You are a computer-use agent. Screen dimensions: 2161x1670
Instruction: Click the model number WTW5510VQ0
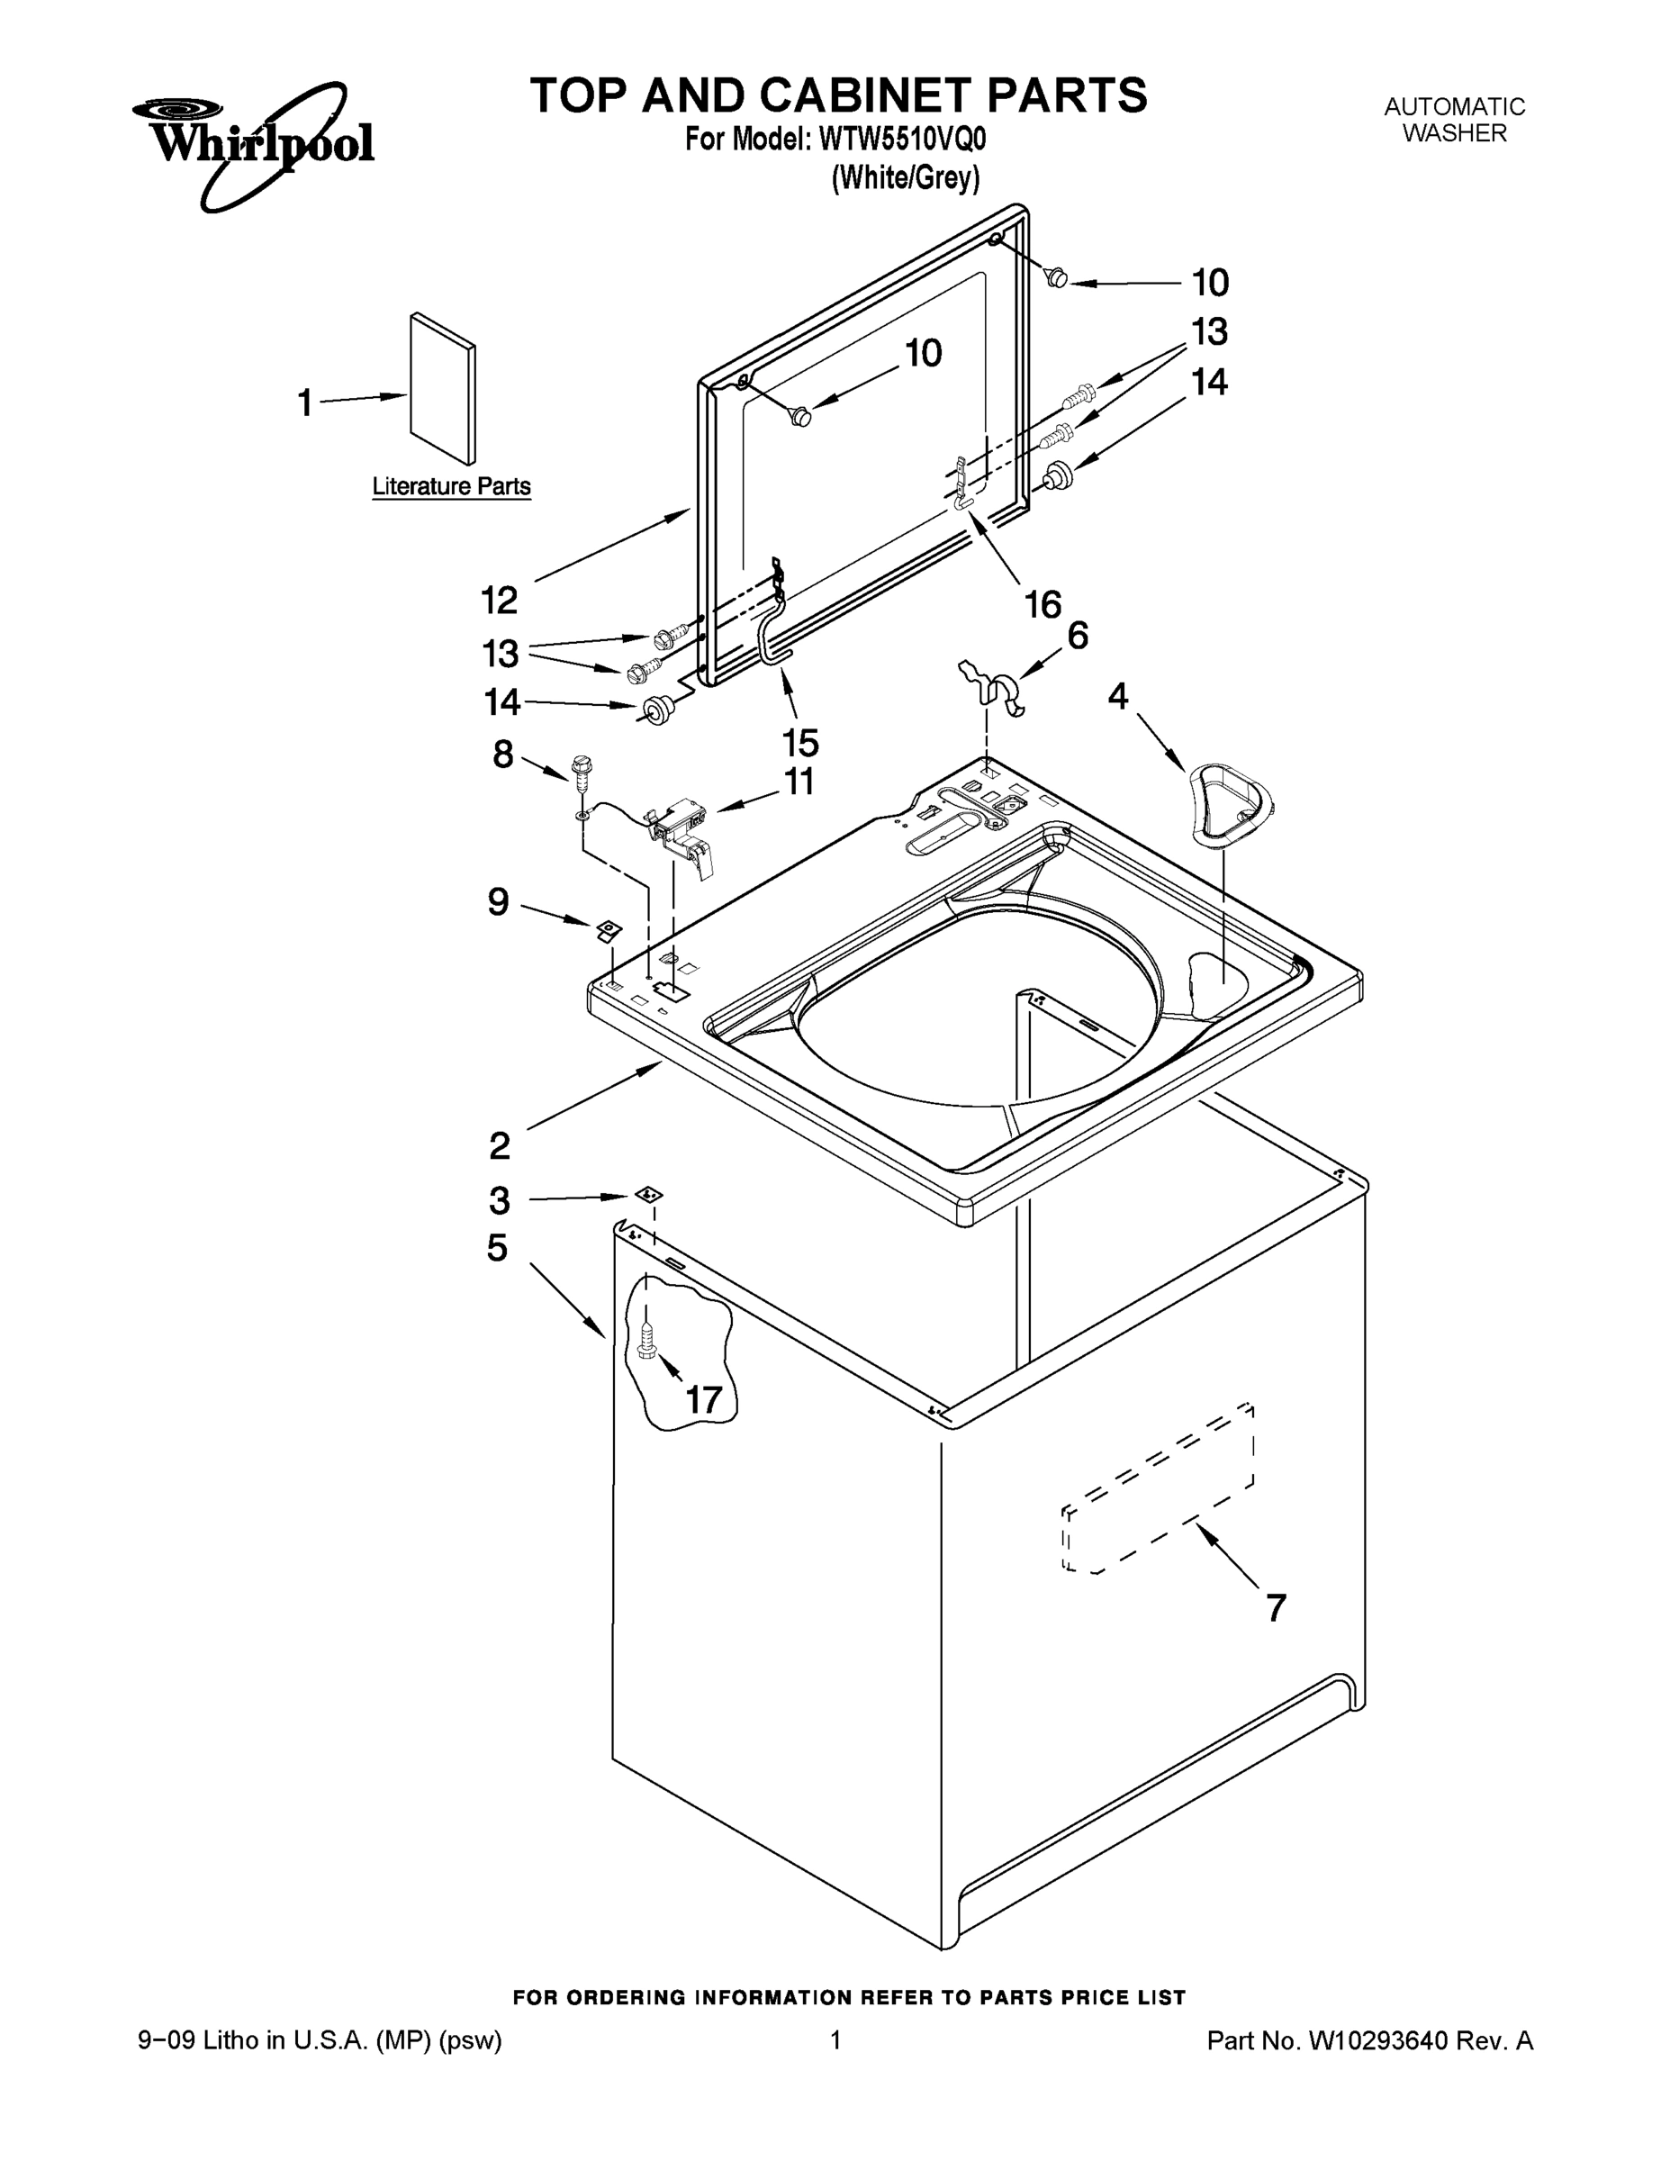click(x=901, y=140)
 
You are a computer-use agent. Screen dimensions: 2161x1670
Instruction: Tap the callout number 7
click(x=1277, y=1608)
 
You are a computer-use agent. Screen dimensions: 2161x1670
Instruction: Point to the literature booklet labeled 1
click(x=442, y=388)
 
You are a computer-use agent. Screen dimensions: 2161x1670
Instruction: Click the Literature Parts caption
click(x=451, y=487)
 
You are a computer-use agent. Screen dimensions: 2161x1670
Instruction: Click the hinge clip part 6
click(x=994, y=687)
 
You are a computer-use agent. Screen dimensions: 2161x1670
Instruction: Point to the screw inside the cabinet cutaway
click(x=648, y=1343)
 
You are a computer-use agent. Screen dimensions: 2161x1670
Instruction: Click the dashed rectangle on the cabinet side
click(x=1159, y=1487)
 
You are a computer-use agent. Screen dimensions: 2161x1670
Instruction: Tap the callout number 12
click(x=500, y=600)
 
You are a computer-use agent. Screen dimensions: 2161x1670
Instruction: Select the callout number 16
click(x=1043, y=603)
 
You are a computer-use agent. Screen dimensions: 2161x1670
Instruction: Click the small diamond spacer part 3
click(x=649, y=1195)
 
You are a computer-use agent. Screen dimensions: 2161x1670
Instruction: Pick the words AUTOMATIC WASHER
click(x=1453, y=120)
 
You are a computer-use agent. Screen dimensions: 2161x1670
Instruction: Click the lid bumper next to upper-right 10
click(x=1057, y=278)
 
